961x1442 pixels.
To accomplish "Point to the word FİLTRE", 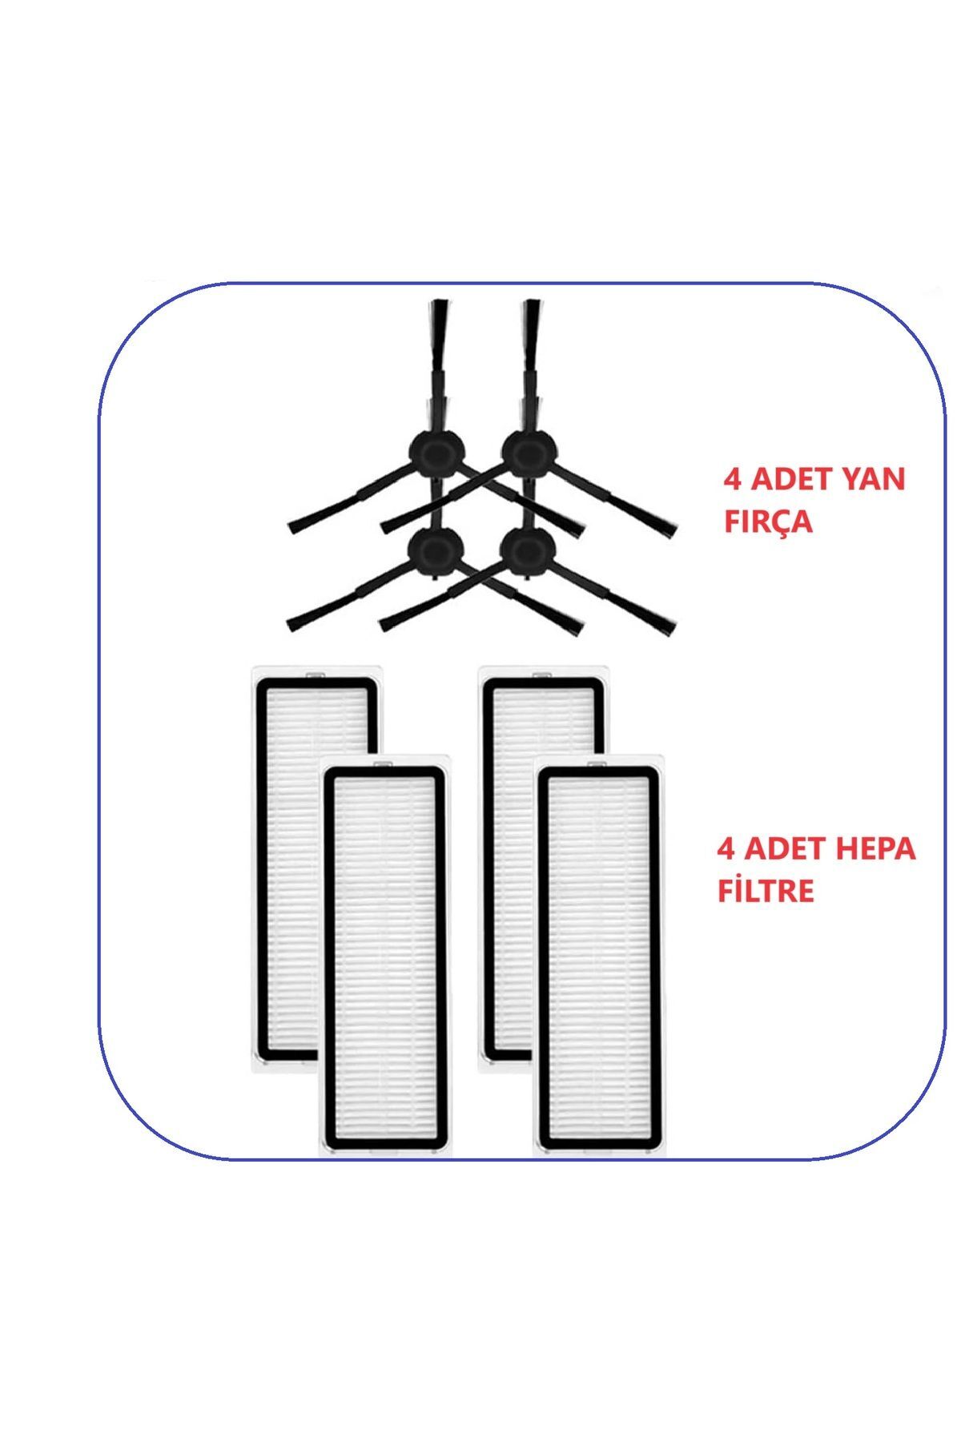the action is tap(766, 890).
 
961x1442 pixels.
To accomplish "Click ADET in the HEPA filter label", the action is tap(786, 848).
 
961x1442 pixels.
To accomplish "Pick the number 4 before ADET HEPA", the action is tap(727, 848).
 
